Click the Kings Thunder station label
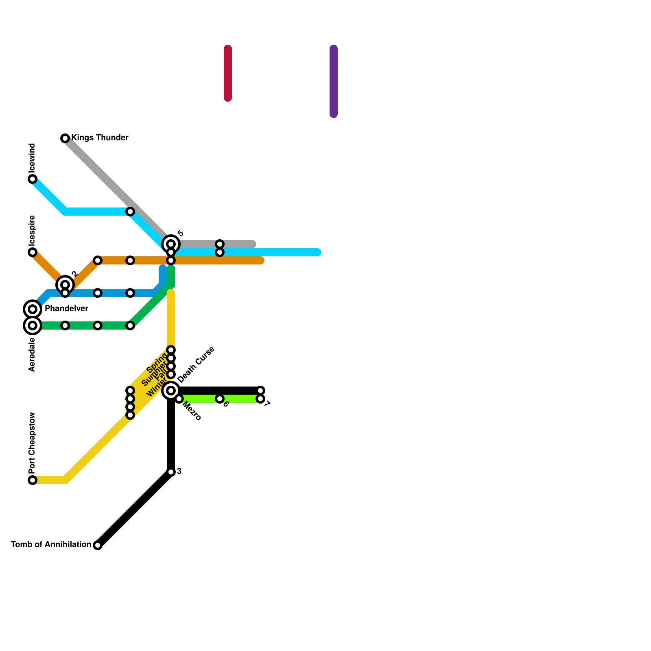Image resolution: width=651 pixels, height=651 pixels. (100, 138)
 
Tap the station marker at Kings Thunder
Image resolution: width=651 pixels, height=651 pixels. (65, 138)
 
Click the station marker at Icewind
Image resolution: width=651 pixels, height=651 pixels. (33, 179)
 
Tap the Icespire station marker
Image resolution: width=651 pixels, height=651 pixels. (33, 252)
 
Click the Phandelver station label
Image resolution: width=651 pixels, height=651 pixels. (66, 309)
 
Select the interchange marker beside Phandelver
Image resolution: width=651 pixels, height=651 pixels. (33, 309)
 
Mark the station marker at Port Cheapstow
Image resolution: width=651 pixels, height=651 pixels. (33, 480)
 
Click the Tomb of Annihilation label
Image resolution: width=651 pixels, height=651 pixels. (51, 544)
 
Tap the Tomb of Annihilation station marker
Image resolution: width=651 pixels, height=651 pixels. (98, 545)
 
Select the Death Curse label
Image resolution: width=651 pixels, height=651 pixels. (196, 365)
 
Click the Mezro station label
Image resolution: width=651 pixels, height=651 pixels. (192, 411)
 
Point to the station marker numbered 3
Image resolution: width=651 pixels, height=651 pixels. (171, 472)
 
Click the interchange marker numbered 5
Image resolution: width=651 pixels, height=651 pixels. (171, 244)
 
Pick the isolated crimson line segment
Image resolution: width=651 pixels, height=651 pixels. (228, 73)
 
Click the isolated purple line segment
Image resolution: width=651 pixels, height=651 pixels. (334, 81)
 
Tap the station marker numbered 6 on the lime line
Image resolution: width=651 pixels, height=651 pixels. (220, 399)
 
